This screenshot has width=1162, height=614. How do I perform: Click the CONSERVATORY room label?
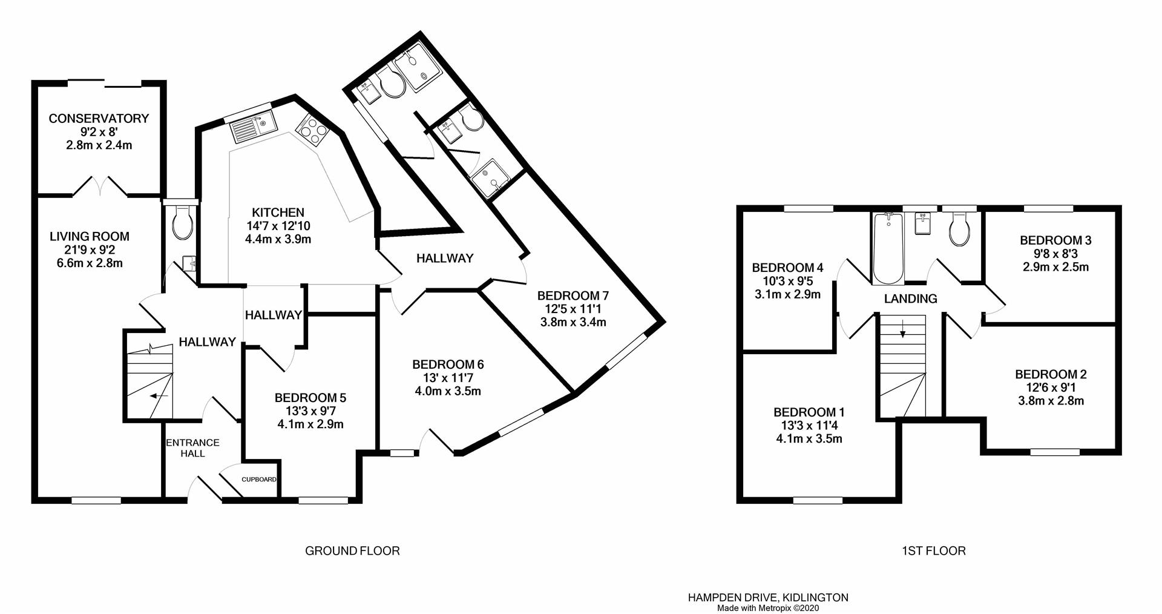99,119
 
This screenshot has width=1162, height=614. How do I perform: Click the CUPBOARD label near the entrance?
259,480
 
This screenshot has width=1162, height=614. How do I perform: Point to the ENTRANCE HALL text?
192,448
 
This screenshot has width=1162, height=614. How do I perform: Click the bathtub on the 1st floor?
888,248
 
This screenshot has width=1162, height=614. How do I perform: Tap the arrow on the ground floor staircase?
159,396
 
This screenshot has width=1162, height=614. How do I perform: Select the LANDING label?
910,299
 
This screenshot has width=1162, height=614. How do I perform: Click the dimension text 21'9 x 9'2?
90,250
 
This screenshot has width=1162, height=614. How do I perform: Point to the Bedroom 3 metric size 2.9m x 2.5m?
1055,267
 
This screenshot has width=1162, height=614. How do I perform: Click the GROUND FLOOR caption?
352,551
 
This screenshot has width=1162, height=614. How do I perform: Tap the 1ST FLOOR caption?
933,551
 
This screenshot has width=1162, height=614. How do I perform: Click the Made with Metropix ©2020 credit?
767,608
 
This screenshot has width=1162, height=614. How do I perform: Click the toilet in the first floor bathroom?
960,231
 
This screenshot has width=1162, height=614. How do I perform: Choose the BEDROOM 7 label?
573,296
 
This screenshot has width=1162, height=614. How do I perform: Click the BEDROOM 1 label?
809,412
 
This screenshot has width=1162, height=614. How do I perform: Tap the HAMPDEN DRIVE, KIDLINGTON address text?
767,598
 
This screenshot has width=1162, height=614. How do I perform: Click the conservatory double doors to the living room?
100,187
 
